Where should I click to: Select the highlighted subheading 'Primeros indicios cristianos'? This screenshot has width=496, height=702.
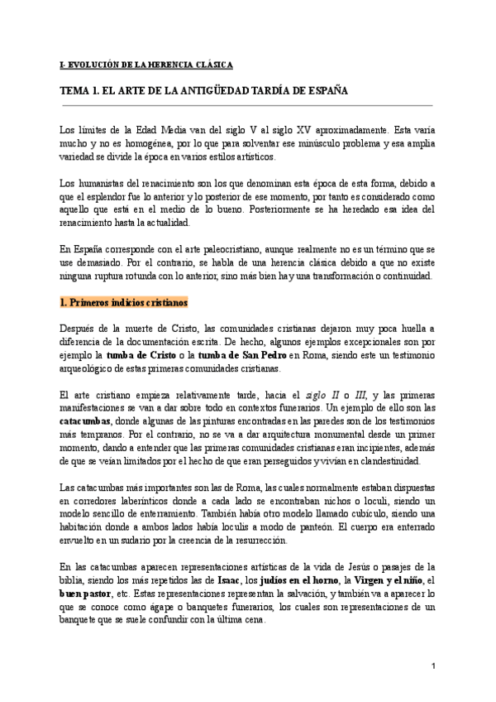click(x=125, y=303)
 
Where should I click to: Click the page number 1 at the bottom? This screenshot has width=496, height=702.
click(x=433, y=667)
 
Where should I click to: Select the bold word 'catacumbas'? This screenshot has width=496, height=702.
click(x=87, y=421)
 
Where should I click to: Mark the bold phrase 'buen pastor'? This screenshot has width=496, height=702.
click(x=87, y=593)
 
